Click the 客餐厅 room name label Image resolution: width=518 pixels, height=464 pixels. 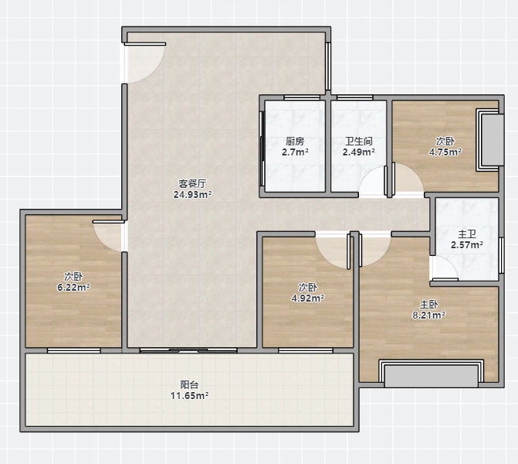click(x=192, y=183)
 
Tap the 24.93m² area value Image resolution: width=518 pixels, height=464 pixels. click(x=192, y=195)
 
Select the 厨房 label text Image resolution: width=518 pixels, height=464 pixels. click(x=295, y=142)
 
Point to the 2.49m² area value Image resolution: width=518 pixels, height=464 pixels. click(x=358, y=152)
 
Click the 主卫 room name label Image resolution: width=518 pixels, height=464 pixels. click(x=467, y=234)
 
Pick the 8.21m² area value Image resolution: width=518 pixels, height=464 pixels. click(x=428, y=315)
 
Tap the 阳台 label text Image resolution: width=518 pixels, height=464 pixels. click(x=189, y=384)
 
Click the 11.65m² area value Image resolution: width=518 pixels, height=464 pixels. click(x=189, y=395)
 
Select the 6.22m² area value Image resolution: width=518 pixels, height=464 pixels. click(x=73, y=287)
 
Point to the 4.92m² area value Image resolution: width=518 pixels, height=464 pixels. click(x=307, y=299)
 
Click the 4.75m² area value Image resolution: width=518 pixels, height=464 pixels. click(x=445, y=152)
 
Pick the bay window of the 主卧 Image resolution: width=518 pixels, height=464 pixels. click(x=431, y=374)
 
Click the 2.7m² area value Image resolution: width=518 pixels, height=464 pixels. click(x=295, y=152)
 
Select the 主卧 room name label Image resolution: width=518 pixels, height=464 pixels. click(x=428, y=304)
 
